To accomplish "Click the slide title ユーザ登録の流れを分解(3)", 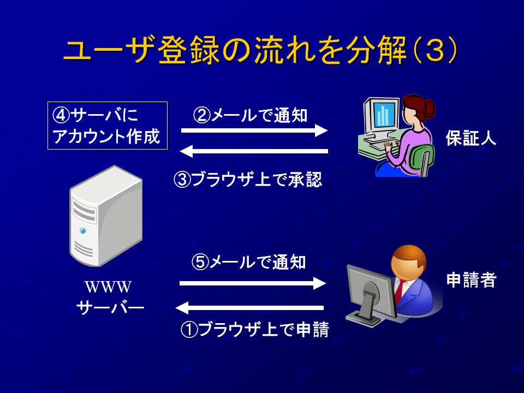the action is [x=260, y=50].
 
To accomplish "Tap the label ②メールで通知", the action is [x=250, y=115].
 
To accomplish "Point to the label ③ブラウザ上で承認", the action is [x=248, y=180].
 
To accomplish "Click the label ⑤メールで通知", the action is [x=249, y=261].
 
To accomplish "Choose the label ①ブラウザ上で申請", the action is [x=255, y=330].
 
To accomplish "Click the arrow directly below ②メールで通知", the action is [x=254, y=130].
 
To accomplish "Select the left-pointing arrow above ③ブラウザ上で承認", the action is [x=254, y=151].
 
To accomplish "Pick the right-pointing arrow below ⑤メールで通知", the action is [x=253, y=283].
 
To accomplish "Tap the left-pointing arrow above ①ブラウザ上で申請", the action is [x=249, y=308].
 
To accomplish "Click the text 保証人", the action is [x=471, y=138].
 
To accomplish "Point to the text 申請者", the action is [x=471, y=280].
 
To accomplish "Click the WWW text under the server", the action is [x=108, y=287].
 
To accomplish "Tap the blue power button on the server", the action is [x=83, y=231].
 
